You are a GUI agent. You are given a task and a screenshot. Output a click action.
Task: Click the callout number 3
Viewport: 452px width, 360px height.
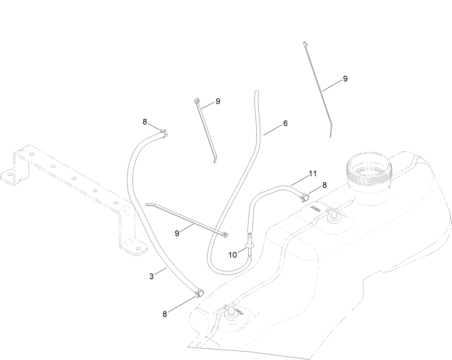151,276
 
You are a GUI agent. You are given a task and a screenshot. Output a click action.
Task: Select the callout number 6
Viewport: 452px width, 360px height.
285,123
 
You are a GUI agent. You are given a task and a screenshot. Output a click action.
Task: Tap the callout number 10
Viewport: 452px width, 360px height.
232,255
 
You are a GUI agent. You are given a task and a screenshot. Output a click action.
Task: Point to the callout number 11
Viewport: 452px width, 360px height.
313,174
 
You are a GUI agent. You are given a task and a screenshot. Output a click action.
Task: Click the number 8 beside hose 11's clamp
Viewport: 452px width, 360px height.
324,185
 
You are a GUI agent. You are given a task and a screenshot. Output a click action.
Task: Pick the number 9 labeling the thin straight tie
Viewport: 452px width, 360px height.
345,79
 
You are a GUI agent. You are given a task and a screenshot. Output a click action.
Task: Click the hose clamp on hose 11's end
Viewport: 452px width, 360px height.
304,196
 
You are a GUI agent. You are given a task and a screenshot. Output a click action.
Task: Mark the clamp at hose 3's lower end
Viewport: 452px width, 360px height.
198,293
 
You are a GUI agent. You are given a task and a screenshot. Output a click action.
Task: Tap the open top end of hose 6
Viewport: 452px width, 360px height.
256,93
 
